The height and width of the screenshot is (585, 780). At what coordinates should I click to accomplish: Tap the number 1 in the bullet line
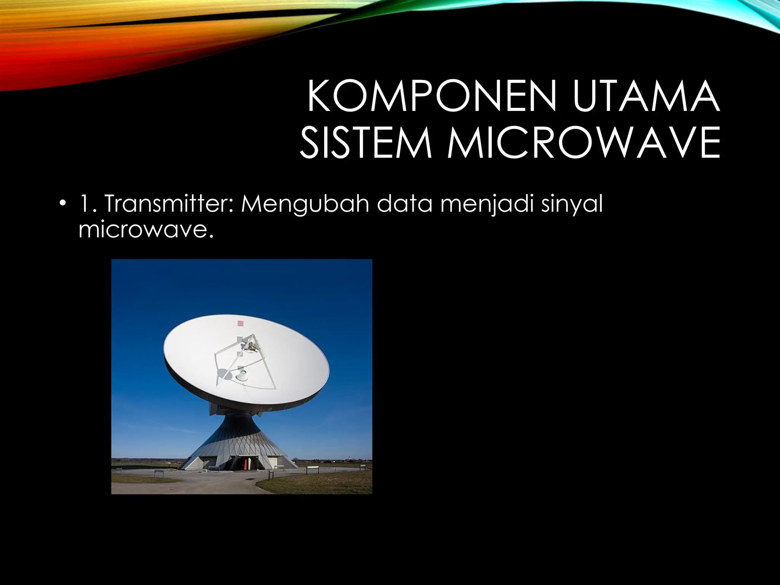83,204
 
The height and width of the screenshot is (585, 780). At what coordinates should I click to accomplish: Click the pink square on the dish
240,323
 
